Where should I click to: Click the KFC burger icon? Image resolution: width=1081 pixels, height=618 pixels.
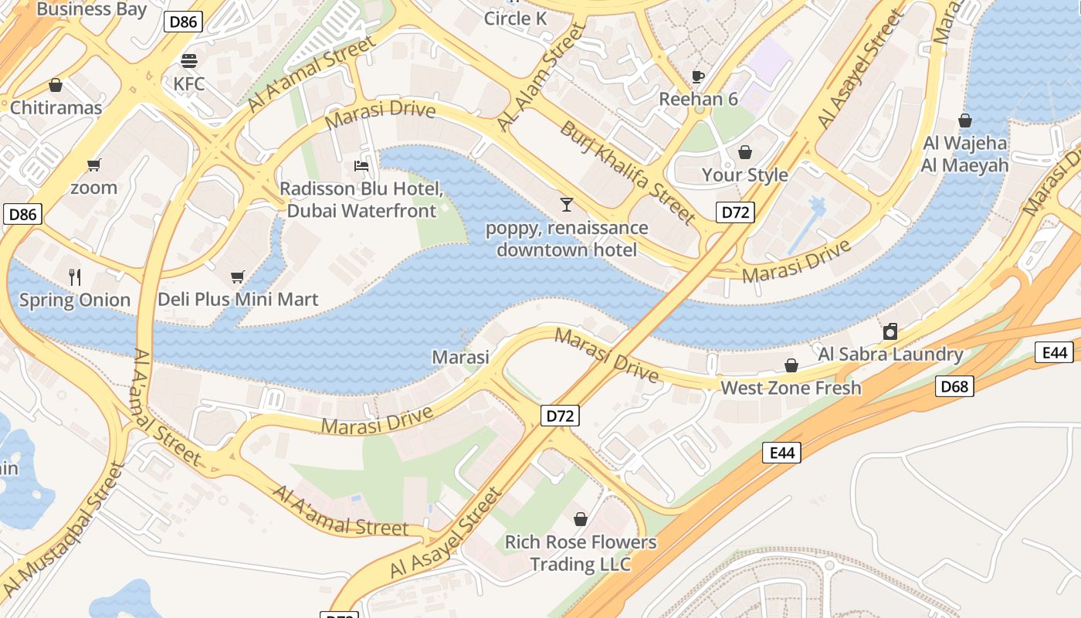coord(189,60)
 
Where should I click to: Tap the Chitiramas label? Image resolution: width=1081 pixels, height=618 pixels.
coord(56,107)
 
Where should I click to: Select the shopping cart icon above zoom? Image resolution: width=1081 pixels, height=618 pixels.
coord(94,165)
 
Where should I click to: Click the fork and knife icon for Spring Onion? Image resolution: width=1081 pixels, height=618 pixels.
coord(75,277)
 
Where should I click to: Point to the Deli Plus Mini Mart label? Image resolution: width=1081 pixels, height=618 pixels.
coord(238,299)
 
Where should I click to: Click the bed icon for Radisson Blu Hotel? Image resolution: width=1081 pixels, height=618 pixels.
coord(361,165)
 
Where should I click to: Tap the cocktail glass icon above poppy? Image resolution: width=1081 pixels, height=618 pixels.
coord(567,205)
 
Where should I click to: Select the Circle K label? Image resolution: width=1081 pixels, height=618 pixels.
coord(515,19)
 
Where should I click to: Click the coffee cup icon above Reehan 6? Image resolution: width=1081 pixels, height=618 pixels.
coord(698,76)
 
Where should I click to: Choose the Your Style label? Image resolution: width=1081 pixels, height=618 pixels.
coord(744,175)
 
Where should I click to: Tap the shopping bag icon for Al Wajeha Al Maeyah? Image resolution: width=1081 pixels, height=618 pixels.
coord(964,121)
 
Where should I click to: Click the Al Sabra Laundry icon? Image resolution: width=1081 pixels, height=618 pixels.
coord(890,331)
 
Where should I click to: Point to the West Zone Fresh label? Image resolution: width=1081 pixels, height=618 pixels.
coord(791,388)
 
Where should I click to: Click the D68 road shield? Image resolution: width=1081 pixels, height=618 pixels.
coord(954,386)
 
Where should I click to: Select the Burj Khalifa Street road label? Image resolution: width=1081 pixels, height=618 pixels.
coord(628,171)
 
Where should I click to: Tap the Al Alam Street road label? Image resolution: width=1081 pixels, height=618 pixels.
coord(541,77)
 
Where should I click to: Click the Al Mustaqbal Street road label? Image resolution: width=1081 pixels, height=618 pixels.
coord(64,529)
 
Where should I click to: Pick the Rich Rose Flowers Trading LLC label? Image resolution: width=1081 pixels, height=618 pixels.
coord(580,553)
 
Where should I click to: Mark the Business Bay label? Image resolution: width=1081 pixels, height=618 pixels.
coord(91,9)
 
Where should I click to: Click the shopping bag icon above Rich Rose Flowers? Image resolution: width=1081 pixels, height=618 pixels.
coord(580,519)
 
